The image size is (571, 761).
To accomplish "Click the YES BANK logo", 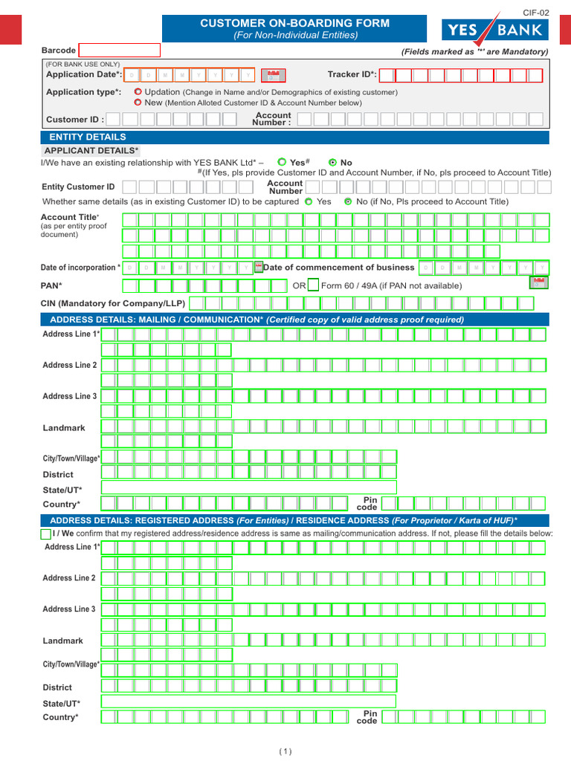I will [x=496, y=30].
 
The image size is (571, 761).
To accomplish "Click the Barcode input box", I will [x=120, y=51].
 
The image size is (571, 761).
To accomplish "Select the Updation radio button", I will [x=138, y=92].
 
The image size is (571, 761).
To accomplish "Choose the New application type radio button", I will [x=138, y=103].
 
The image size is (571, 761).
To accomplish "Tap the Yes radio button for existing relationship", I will [x=282, y=162].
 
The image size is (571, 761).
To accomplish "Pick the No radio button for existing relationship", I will [x=332, y=162].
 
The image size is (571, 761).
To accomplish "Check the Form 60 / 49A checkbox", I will [x=313, y=285].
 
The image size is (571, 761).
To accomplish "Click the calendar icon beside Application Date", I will [x=274, y=75].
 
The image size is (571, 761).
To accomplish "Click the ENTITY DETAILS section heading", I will [x=88, y=137].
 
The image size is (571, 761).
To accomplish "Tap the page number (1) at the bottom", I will [x=285, y=751].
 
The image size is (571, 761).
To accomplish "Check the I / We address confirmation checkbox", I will [x=46, y=534].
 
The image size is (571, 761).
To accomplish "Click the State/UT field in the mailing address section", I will [x=248, y=488].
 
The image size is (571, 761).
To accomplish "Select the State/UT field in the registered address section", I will [x=248, y=702].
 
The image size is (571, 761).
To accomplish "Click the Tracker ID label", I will [x=352, y=74].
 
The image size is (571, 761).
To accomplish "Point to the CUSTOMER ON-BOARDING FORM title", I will [x=294, y=24].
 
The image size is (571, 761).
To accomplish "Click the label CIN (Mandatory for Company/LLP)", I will [x=113, y=303].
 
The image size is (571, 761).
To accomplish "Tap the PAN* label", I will [x=51, y=285].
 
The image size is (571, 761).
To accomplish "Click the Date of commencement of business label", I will [x=339, y=268].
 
